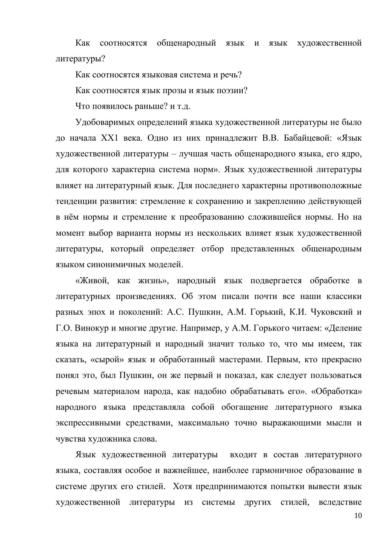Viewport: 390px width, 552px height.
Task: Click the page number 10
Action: click(358, 516)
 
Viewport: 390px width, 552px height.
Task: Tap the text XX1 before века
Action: click(109, 138)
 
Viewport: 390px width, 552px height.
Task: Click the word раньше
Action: click(151, 106)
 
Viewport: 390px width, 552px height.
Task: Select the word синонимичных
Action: click(121, 265)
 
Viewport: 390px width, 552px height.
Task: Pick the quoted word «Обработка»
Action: click(336, 391)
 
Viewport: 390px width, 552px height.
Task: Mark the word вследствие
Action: click(340, 502)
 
